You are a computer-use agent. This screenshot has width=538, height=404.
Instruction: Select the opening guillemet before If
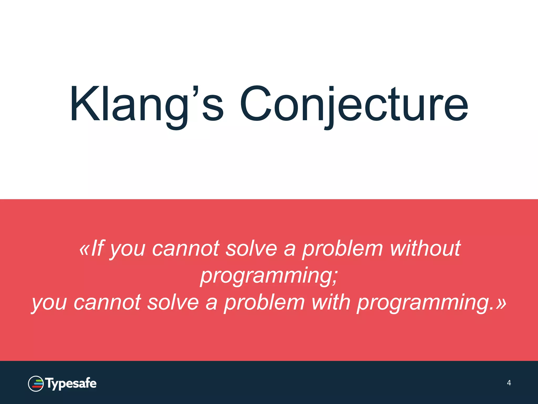pyautogui.click(x=84, y=249)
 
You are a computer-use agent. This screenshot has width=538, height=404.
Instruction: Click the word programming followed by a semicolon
pyautogui.click(x=265, y=275)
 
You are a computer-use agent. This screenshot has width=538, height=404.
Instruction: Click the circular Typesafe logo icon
pyautogui.click(x=36, y=384)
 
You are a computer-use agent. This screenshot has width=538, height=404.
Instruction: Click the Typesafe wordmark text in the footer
pyautogui.click(x=71, y=384)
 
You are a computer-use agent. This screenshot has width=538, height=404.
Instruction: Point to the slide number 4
pyautogui.click(x=509, y=383)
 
